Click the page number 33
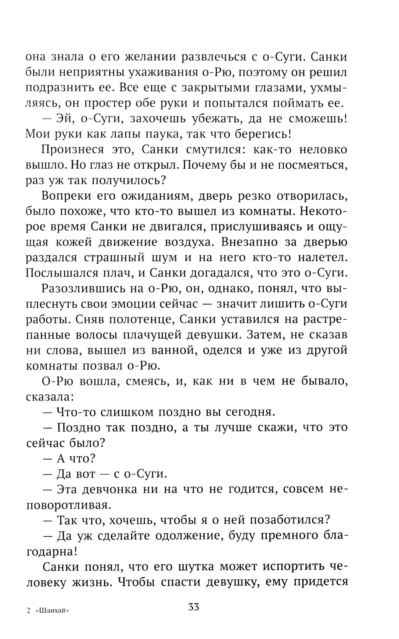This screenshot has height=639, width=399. tap(194, 607)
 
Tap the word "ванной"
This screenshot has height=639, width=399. tap(176, 350)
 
